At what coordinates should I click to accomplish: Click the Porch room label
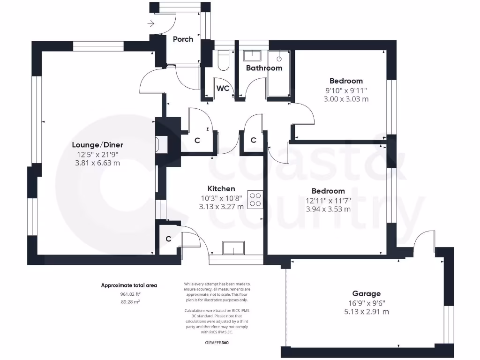pos(183,39)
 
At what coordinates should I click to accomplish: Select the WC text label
pos(222,89)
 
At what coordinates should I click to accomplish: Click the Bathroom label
pos(264,68)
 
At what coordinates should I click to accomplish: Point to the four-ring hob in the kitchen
pos(255,200)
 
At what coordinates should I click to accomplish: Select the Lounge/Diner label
pos(97,145)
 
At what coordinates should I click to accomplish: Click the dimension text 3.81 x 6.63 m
pos(97,163)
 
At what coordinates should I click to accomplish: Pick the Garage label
pos(367,294)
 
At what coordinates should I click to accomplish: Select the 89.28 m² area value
pos(131,302)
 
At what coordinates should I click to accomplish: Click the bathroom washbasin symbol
pos(254,56)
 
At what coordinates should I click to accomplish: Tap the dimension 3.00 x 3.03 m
pos(346,99)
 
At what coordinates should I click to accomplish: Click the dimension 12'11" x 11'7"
pos(328,200)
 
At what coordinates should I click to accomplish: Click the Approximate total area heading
pos(129,285)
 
